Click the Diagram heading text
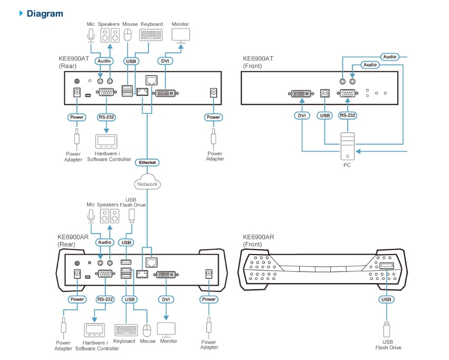[x=44, y=14]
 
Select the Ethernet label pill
[x=147, y=162]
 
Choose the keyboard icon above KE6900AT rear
[x=151, y=35]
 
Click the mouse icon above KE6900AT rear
[x=128, y=35]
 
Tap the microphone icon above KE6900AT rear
[x=91, y=35]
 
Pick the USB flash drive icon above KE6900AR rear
[x=132, y=215]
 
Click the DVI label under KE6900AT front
[x=302, y=115]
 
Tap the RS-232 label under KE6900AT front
[x=347, y=115]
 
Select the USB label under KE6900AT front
[x=324, y=115]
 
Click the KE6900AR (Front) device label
[x=258, y=240]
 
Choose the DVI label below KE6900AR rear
[x=166, y=299]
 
